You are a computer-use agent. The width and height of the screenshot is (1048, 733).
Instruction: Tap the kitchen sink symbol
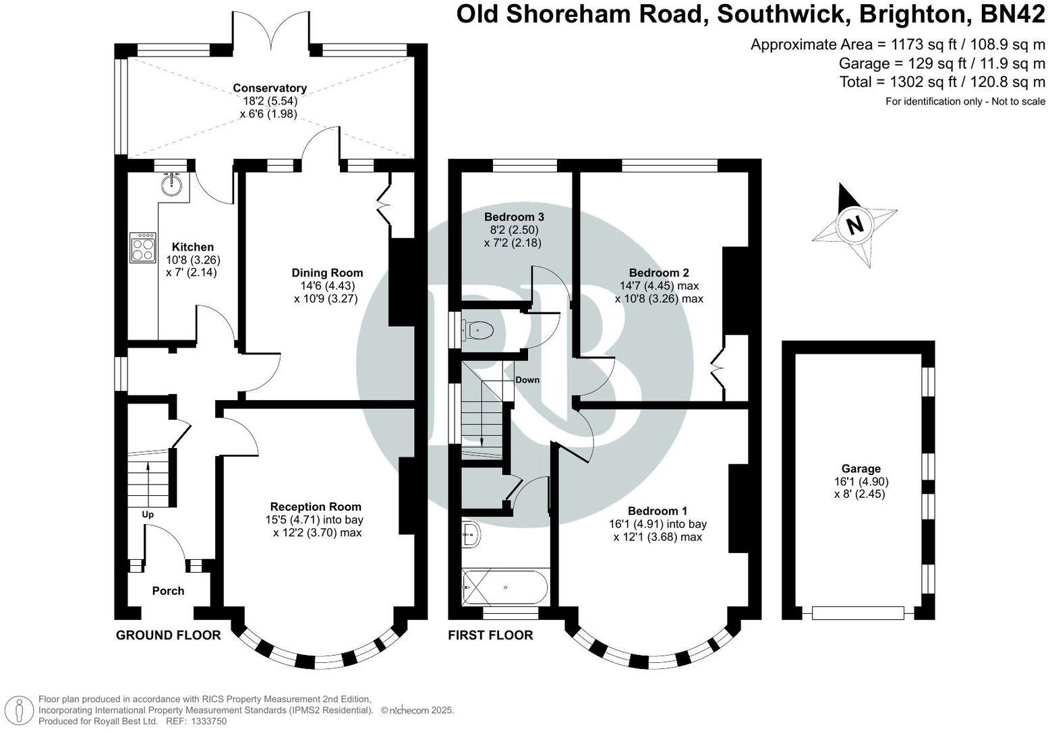[x=173, y=183]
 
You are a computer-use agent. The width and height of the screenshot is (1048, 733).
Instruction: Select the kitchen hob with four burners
[x=142, y=249]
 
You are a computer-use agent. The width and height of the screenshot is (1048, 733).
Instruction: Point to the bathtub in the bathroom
[x=506, y=587]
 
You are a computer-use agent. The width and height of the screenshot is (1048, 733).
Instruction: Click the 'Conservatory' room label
[x=270, y=88]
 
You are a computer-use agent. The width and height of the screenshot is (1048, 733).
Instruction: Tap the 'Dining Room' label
[x=327, y=273]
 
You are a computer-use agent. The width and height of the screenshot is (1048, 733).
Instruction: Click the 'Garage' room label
[x=861, y=469]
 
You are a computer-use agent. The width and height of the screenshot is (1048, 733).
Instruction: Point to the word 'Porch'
[x=168, y=591]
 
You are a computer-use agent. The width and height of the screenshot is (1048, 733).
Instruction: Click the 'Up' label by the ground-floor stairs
[x=148, y=515]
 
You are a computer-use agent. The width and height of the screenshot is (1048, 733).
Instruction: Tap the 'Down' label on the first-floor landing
[x=527, y=380]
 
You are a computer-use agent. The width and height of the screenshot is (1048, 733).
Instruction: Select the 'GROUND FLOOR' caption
[x=169, y=635]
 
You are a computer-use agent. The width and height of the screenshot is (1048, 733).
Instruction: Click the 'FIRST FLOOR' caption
[x=491, y=635]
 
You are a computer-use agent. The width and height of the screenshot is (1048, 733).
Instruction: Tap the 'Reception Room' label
[x=316, y=507]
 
